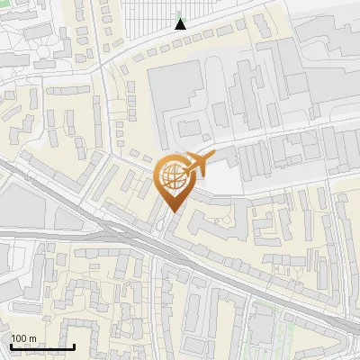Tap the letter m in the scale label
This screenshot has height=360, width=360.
pyautogui.click(x=32, y=338)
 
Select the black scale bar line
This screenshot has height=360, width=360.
pyautogui.click(x=42, y=347)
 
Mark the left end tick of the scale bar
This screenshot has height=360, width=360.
pyautogui.click(x=12, y=346)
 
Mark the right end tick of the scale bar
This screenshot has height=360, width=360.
pyautogui.click(x=74, y=346)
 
